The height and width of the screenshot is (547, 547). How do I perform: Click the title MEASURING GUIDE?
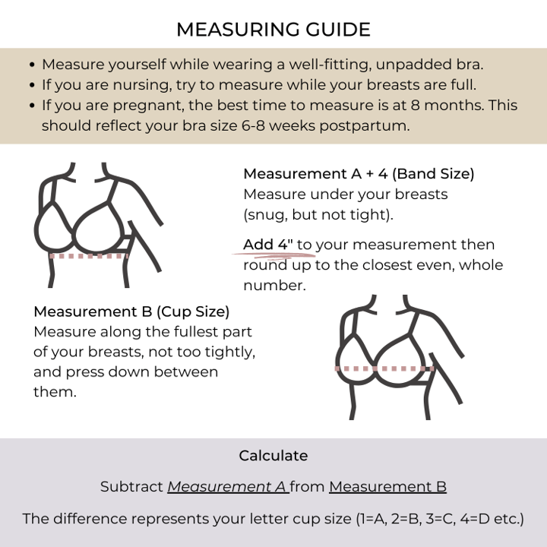click(273, 30)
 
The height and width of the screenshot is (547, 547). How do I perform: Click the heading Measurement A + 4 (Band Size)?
click(359, 174)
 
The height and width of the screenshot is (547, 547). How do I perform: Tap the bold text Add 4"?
click(268, 245)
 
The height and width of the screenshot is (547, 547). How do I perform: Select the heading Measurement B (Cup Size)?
click(131, 311)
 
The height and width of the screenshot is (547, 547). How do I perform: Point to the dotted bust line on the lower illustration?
click(384, 368)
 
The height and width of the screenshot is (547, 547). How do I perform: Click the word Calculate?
click(273, 456)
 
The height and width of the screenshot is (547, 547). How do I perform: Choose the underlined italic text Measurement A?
click(226, 487)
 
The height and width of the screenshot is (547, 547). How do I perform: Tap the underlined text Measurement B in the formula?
click(387, 487)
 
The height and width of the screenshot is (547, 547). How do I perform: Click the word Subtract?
click(131, 487)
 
